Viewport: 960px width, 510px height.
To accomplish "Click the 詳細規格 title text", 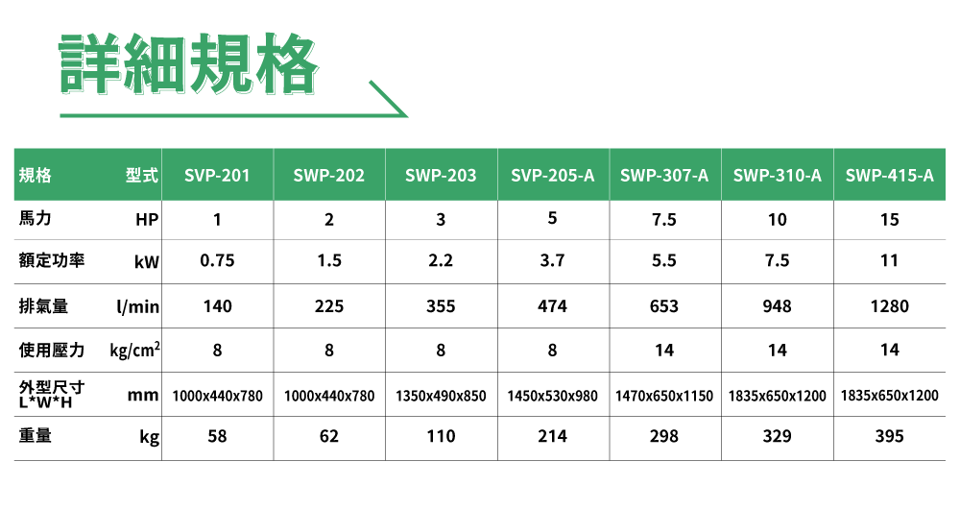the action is (187, 64).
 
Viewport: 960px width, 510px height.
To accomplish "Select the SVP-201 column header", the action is (218, 176).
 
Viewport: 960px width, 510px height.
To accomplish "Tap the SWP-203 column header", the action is (441, 176).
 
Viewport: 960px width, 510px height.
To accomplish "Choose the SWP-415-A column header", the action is (890, 176).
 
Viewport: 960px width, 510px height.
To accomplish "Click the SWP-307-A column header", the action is (664, 176).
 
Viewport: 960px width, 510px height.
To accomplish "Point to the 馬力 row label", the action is (36, 220).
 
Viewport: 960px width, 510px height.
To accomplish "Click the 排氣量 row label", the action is (43, 306).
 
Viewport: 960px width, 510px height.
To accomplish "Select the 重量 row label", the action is (36, 436).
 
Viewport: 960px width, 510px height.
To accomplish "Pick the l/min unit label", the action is (137, 307).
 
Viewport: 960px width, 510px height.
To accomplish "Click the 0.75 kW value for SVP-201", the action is (218, 261).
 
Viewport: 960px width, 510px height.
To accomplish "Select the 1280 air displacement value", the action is (890, 306).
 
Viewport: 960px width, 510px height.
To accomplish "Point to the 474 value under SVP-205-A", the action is (552, 306).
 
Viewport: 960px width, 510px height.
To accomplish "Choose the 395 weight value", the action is (890, 436).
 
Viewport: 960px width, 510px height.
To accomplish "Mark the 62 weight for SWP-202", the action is (329, 436).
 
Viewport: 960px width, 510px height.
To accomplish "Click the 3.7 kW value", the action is (552, 261).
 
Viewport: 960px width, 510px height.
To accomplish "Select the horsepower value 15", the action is (890, 220).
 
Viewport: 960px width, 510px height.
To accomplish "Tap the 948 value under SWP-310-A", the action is (778, 306).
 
